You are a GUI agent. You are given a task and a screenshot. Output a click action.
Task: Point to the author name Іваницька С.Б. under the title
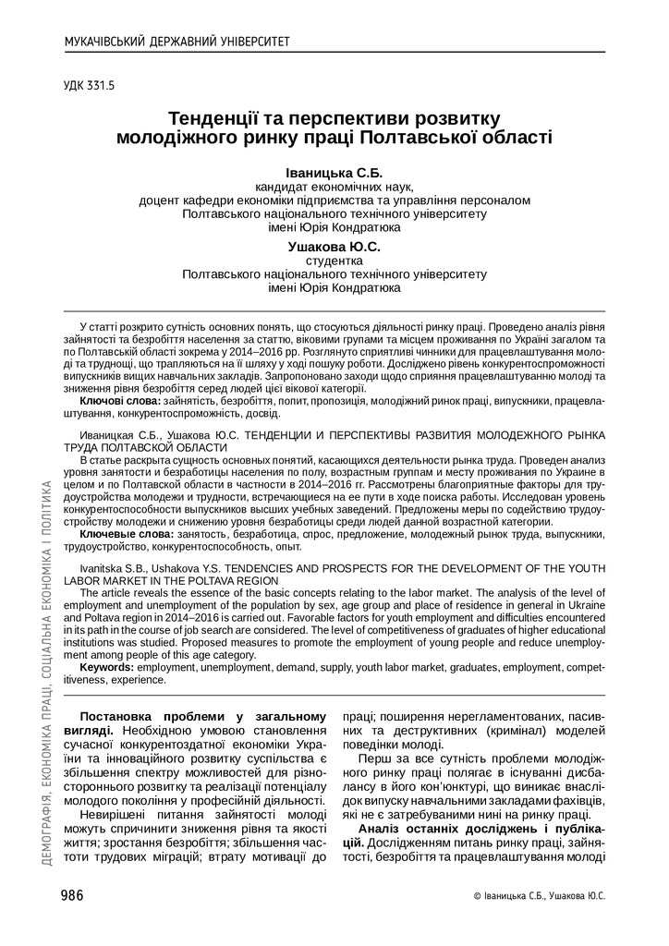(x=334, y=173)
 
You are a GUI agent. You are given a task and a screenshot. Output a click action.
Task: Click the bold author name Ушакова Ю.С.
(x=334, y=247)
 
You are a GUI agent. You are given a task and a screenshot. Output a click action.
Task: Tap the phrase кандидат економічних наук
(x=334, y=186)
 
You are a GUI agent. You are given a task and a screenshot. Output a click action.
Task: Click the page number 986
(x=72, y=895)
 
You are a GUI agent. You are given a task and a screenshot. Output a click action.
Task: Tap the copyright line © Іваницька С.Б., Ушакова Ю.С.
(x=539, y=896)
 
